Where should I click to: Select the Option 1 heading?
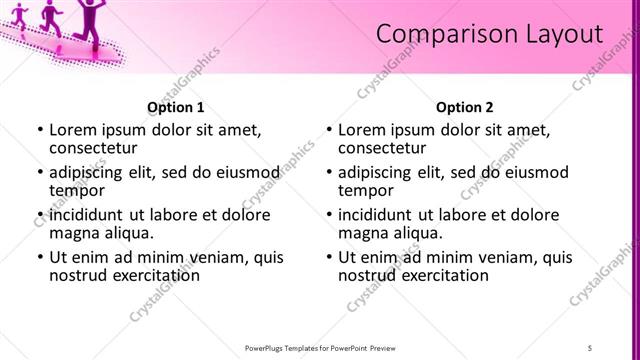click(176, 107)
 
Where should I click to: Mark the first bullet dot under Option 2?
click(329, 131)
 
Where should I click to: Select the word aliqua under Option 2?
click(418, 233)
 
